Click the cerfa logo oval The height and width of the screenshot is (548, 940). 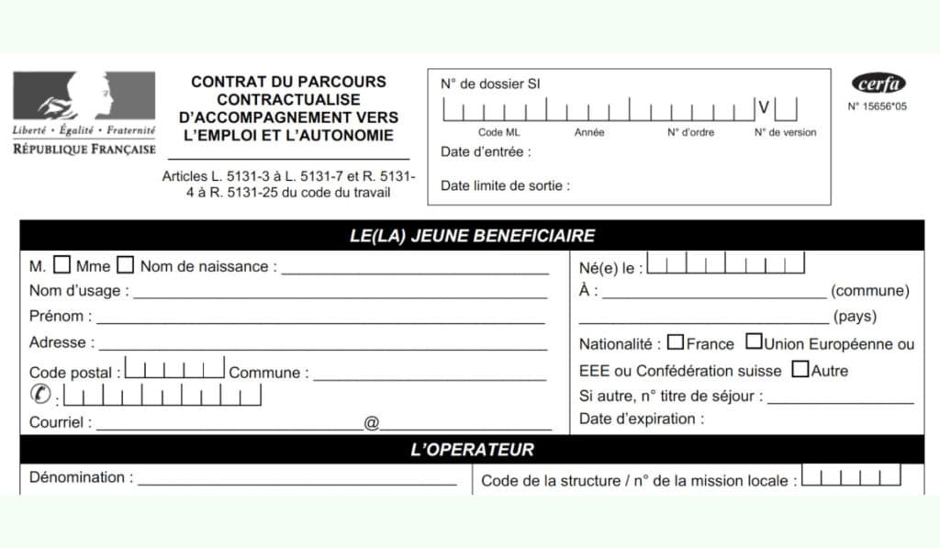point(878,84)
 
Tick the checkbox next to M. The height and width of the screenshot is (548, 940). point(62,265)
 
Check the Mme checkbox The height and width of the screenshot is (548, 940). point(126,265)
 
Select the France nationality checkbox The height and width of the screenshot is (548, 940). point(676,342)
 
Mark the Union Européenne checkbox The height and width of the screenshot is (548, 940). point(754,342)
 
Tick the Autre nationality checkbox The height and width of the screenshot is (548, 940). point(800,370)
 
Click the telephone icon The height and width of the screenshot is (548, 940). point(41,396)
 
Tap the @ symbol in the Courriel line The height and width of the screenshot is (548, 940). point(372,423)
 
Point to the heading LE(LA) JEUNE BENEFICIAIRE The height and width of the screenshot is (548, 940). point(472,236)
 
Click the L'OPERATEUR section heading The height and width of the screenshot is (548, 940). point(472,450)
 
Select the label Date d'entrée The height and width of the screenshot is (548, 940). point(486,151)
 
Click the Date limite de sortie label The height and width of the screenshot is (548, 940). point(505,185)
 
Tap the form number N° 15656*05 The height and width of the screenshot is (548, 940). point(877,106)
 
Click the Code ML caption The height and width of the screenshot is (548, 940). point(499,132)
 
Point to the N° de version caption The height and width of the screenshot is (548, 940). point(785,132)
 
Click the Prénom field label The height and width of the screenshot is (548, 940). point(61,317)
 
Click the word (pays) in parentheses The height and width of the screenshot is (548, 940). point(855,317)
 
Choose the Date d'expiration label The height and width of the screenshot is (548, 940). point(642,419)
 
